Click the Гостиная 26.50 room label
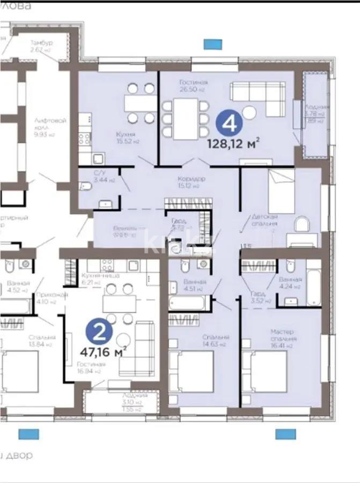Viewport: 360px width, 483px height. click(193, 86)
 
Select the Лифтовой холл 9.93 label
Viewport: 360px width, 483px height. click(42, 128)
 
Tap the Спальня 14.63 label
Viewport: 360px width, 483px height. click(216, 340)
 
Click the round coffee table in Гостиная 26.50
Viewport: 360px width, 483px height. click(249, 113)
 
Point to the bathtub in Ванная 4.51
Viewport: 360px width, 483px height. click(186, 303)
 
